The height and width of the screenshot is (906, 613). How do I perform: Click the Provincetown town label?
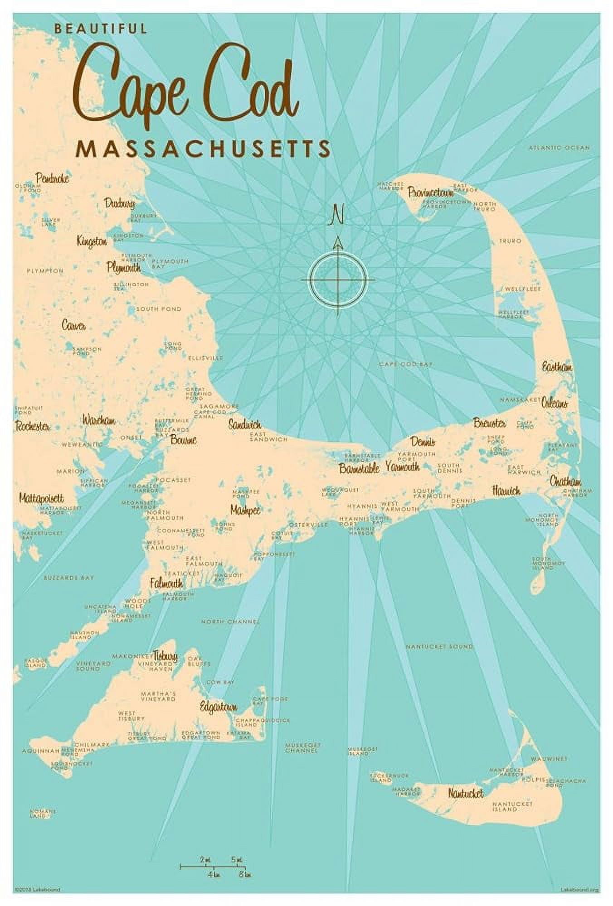tap(430, 192)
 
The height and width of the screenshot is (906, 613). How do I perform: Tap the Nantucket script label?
tap(466, 793)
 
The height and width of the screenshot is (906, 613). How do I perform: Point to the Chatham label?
tap(565, 482)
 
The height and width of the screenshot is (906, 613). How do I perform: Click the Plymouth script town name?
tap(123, 267)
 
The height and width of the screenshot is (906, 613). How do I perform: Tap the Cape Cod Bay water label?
tap(406, 364)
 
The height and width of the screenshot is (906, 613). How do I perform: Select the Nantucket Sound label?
tap(439, 646)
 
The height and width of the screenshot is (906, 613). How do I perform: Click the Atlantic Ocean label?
tap(559, 148)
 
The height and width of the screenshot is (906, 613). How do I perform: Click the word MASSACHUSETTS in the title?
tap(203, 149)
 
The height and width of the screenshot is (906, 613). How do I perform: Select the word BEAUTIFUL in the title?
tap(101, 29)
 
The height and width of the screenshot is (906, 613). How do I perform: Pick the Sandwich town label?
tap(244, 425)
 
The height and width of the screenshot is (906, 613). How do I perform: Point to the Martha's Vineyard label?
tap(158, 696)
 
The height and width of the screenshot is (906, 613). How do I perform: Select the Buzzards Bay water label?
tap(69, 578)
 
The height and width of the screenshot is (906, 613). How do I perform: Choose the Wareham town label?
tap(98, 420)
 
